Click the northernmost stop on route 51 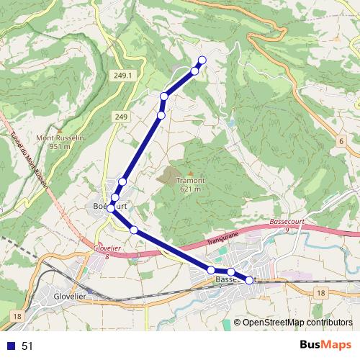(202, 60)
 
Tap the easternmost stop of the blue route (249, 280)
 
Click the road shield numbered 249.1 (123, 76)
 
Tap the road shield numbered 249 (120, 117)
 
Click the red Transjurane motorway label (225, 239)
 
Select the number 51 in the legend (27, 346)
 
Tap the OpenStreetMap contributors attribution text (297, 323)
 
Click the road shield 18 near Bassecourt (320, 292)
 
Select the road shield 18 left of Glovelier (16, 316)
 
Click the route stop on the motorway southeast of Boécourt (134, 230)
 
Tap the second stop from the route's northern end (194, 71)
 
